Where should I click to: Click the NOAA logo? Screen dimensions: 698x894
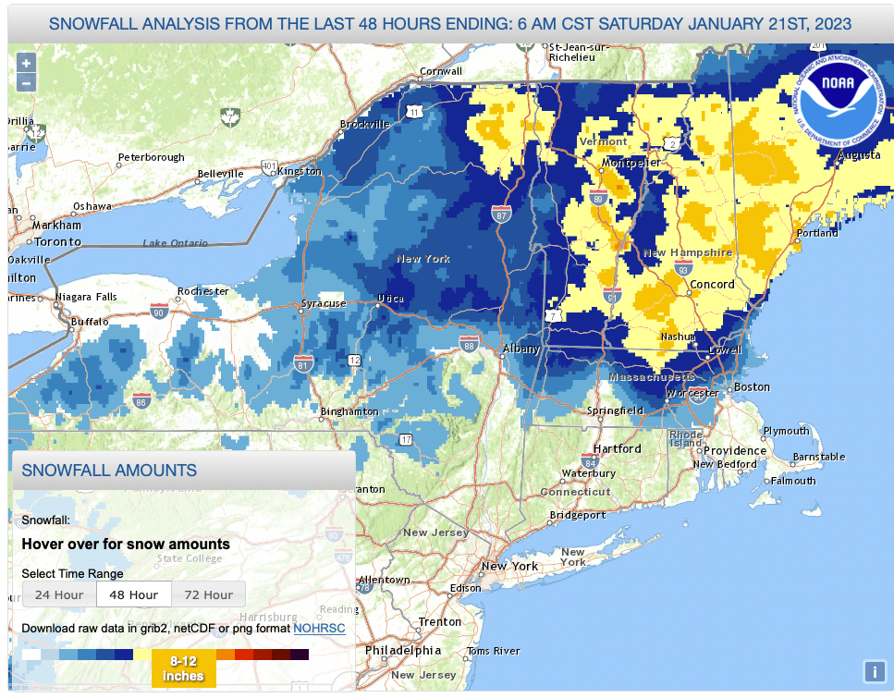point(839,95)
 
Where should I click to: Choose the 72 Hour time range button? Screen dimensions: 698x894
point(207,594)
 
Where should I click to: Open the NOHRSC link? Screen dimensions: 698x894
point(319,629)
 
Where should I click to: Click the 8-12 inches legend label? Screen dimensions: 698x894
point(185,667)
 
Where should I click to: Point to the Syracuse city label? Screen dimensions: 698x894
point(324,303)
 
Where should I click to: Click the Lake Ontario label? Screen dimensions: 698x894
point(176,243)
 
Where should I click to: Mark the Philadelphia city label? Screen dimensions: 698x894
point(402,650)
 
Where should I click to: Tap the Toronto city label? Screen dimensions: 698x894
point(57,241)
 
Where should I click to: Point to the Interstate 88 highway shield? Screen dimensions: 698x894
point(469,344)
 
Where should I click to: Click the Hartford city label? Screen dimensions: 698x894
point(618,448)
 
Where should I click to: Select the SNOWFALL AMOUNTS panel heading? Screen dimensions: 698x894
point(109,470)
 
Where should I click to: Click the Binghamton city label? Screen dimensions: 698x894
point(349,411)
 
